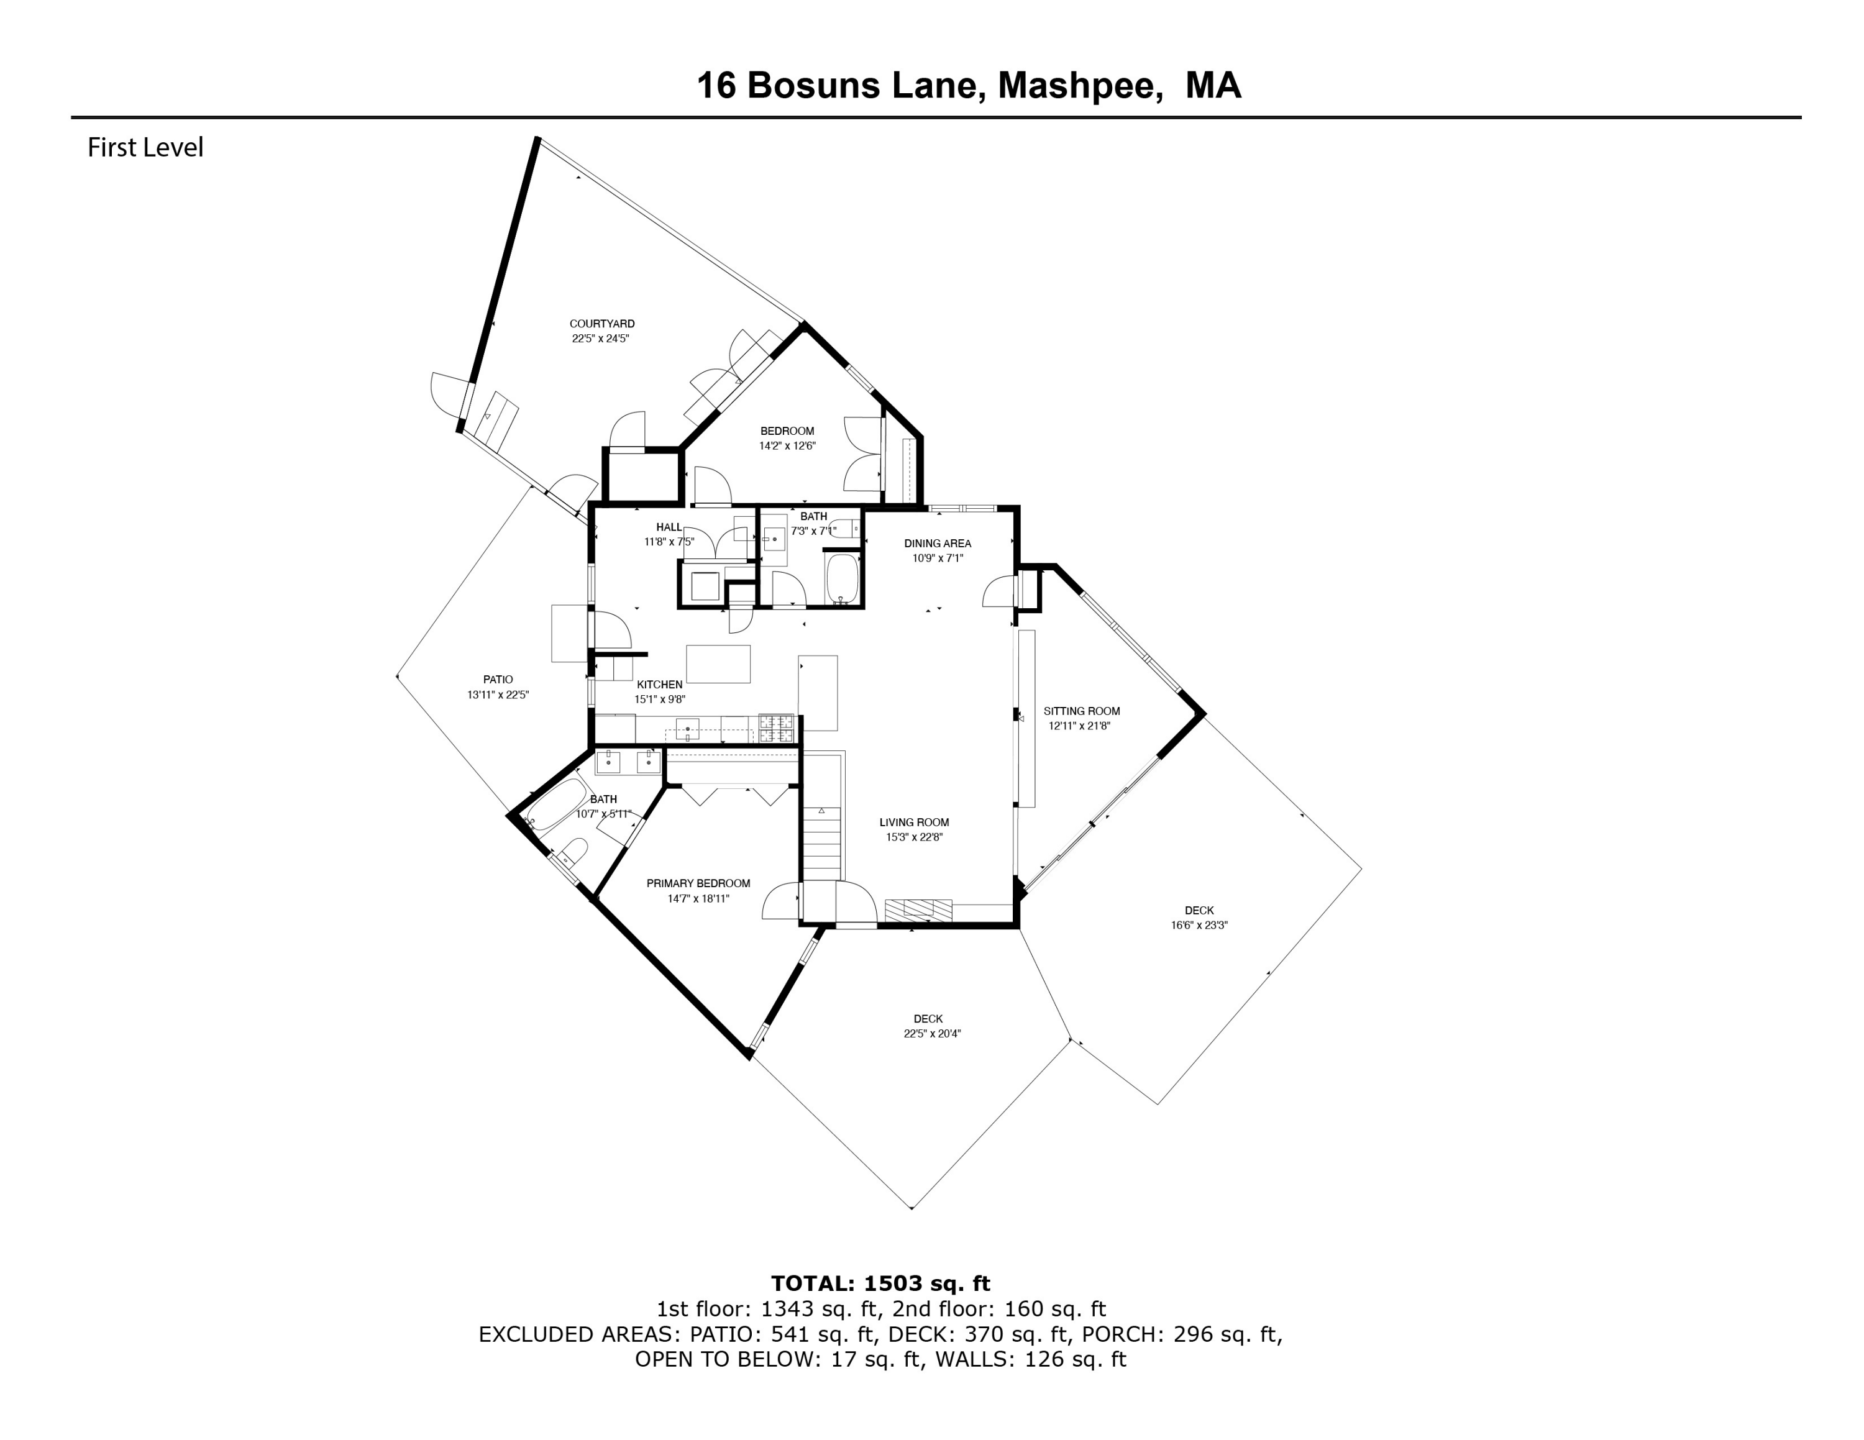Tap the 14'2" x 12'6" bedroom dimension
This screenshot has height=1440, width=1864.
coord(787,445)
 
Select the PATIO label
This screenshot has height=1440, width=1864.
coord(498,680)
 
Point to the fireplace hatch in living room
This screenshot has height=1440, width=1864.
coord(918,910)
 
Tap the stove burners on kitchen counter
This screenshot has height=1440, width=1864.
coord(776,727)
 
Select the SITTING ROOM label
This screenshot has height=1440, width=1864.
coord(1080,711)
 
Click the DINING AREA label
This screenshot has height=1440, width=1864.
coord(937,544)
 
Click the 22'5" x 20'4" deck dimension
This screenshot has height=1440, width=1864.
coord(932,1033)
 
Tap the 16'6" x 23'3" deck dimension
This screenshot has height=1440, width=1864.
coord(1199,925)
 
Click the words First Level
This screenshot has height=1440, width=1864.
coord(145,148)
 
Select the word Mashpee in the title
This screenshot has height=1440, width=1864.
coord(1080,85)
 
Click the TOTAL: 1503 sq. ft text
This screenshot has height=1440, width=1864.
coord(880,1283)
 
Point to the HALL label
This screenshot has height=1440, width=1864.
coord(669,527)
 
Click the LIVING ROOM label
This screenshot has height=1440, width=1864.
coord(913,823)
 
